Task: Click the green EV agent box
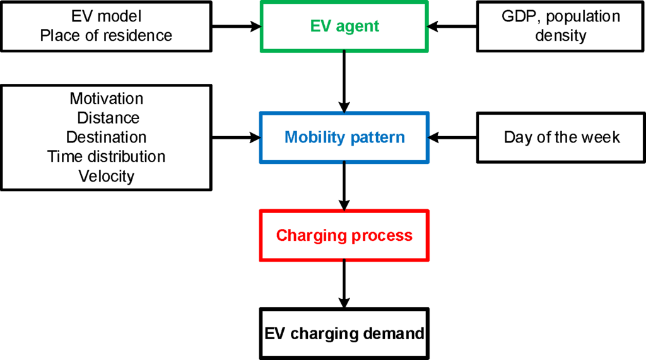[x=344, y=26]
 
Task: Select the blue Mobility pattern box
[x=344, y=137]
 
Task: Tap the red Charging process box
[x=344, y=236]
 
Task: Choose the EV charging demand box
[x=344, y=333]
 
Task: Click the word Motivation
[x=106, y=98]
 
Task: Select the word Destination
[x=106, y=137]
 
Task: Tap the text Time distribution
[x=106, y=156]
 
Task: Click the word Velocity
[x=106, y=176]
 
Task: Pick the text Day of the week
[x=561, y=137]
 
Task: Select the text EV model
[x=106, y=17]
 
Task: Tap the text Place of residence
[x=106, y=35]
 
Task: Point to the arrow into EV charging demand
[x=344, y=283]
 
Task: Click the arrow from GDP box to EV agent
[x=452, y=26]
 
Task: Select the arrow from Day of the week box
[x=452, y=137]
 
